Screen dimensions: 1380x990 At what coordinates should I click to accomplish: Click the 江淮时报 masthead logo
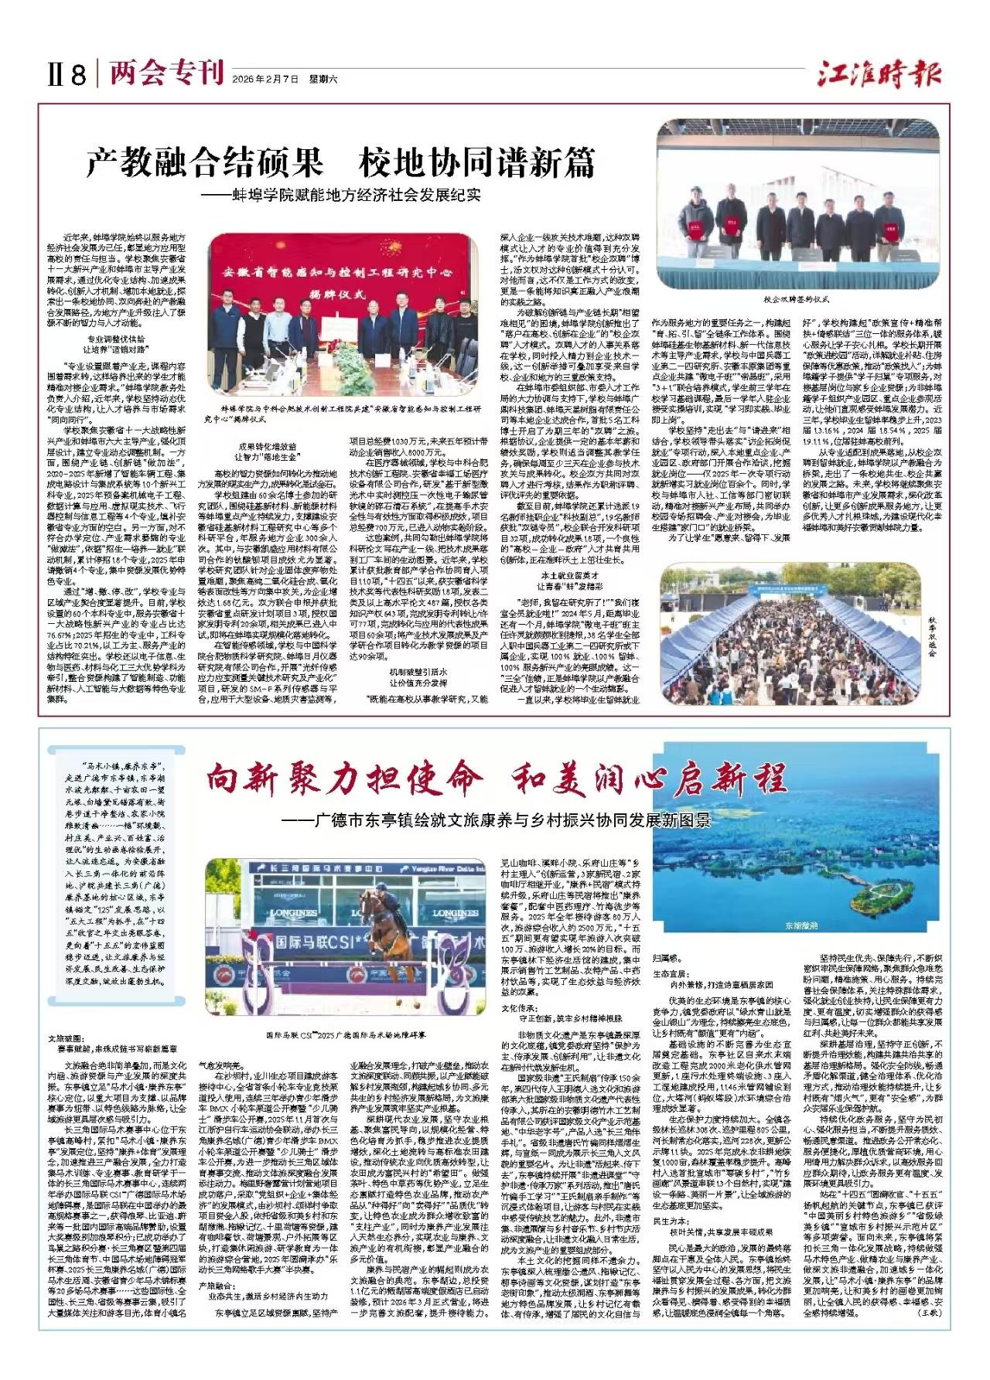coord(880,75)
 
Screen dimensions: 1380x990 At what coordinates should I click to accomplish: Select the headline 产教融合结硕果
coord(204,163)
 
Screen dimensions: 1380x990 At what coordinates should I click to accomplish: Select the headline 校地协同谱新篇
coord(476,163)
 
